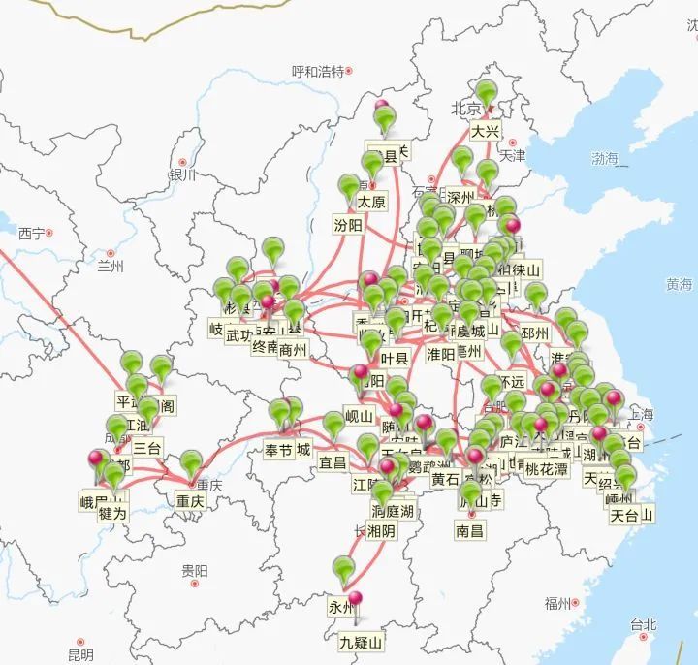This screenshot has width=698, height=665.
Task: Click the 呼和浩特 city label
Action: click(x=318, y=72)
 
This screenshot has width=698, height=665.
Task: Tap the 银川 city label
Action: click(x=181, y=175)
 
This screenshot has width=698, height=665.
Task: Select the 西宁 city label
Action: click(x=31, y=234)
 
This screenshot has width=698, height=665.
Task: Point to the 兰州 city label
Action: click(x=111, y=266)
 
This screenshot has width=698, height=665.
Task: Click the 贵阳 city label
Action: click(x=194, y=572)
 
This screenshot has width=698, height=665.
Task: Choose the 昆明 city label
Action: click(x=80, y=655)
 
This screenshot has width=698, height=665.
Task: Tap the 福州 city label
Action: click(x=556, y=604)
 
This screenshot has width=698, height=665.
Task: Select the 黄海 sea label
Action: click(x=679, y=284)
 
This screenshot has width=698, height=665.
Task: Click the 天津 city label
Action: click(x=512, y=155)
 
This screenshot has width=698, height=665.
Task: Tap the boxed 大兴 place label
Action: click(x=486, y=131)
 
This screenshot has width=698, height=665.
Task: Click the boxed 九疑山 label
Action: click(x=361, y=642)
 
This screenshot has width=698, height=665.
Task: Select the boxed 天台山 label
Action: click(x=631, y=515)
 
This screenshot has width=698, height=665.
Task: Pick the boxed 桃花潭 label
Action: click(x=547, y=469)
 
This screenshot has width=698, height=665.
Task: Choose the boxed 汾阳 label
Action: click(x=348, y=225)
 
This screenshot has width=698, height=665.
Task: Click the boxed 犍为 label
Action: click(x=112, y=513)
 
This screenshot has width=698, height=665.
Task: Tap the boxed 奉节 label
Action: click(x=278, y=450)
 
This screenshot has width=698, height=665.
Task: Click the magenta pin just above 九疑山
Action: click(x=355, y=600)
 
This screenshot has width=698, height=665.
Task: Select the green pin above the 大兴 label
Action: click(x=486, y=94)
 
